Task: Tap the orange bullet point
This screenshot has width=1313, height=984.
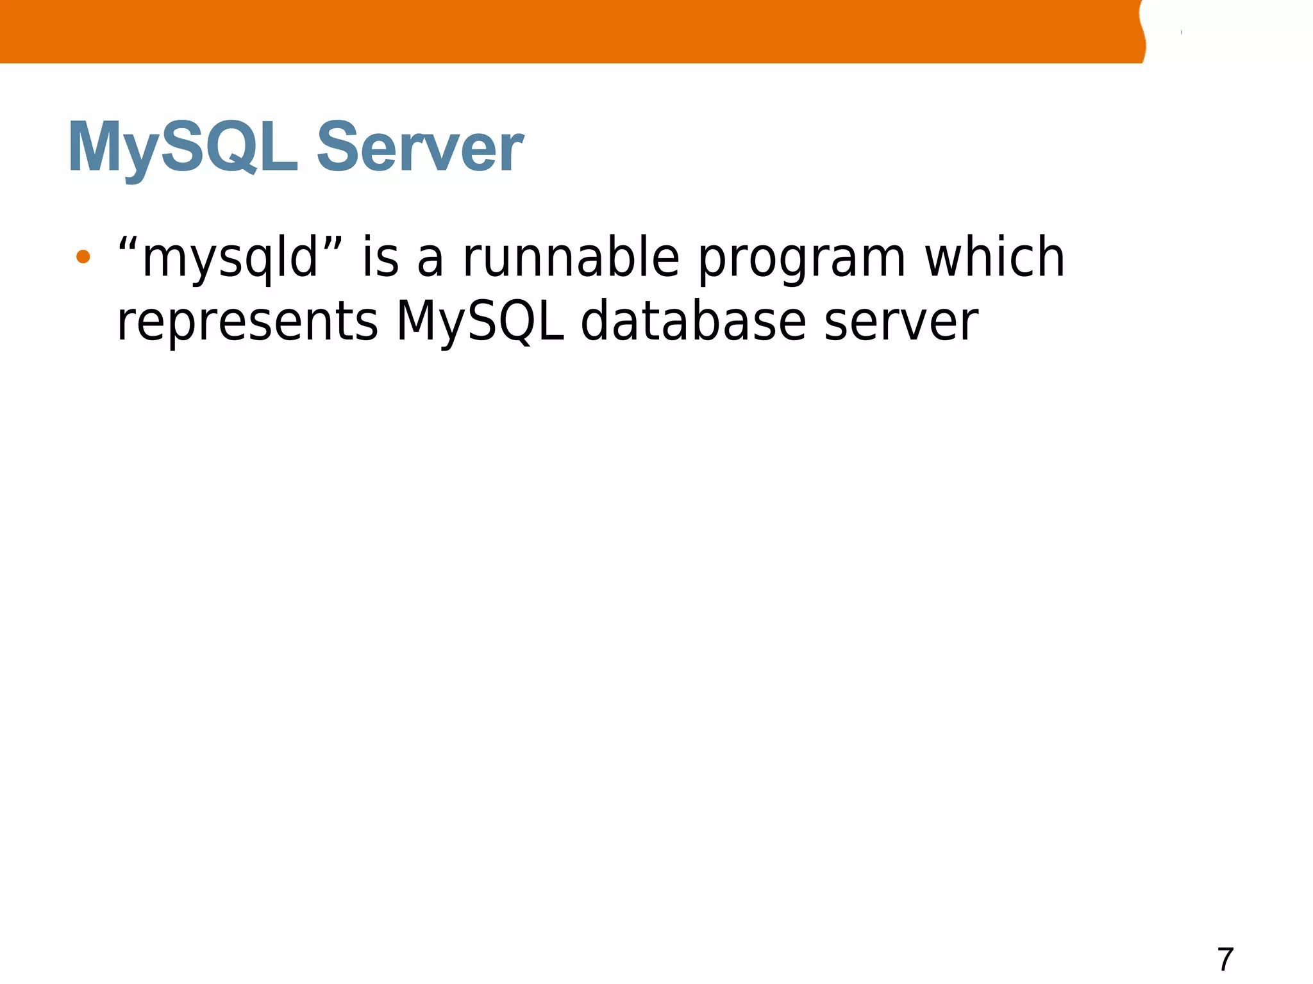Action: click(83, 257)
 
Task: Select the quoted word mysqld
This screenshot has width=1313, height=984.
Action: click(230, 258)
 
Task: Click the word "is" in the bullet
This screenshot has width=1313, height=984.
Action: click(380, 257)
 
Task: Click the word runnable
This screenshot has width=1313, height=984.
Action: click(571, 257)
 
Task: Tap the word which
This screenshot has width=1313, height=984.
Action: click(994, 257)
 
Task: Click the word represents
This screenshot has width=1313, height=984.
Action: click(247, 322)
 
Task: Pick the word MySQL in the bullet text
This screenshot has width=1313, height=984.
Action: click(480, 322)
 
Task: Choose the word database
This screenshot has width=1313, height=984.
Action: click(693, 321)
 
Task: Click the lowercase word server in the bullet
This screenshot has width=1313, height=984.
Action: click(901, 322)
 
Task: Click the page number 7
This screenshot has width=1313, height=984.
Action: click(1225, 960)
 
